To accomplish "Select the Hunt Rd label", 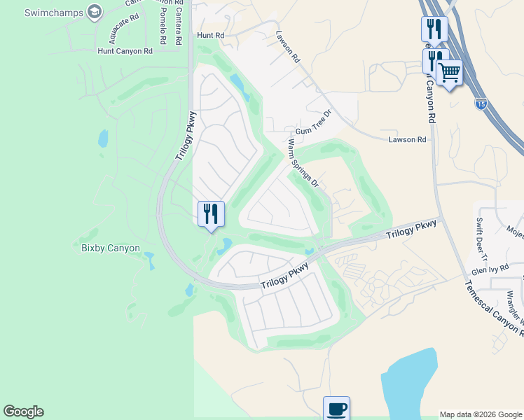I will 210,34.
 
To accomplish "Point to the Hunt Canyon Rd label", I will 125,51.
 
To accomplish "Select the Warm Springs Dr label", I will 303,163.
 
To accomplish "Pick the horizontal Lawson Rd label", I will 407,140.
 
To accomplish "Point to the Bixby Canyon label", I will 110,248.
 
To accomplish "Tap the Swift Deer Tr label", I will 481,239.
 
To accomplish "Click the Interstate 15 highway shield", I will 480,104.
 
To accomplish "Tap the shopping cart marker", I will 449,71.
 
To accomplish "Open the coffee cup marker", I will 336,407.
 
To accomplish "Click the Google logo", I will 23,412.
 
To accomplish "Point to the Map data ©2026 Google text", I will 481,414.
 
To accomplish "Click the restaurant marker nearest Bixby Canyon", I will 211,213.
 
